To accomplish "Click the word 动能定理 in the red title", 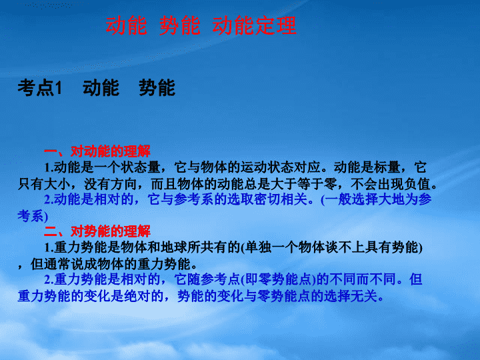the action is [x=255, y=25].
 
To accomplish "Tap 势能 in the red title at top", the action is [x=180, y=25].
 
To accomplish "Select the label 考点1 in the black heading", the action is [x=40, y=87].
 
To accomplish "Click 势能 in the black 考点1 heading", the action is [x=157, y=87].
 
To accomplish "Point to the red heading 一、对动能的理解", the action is [x=97, y=151].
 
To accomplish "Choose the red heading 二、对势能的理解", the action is [x=97, y=231].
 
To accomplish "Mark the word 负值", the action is [x=418, y=184].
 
